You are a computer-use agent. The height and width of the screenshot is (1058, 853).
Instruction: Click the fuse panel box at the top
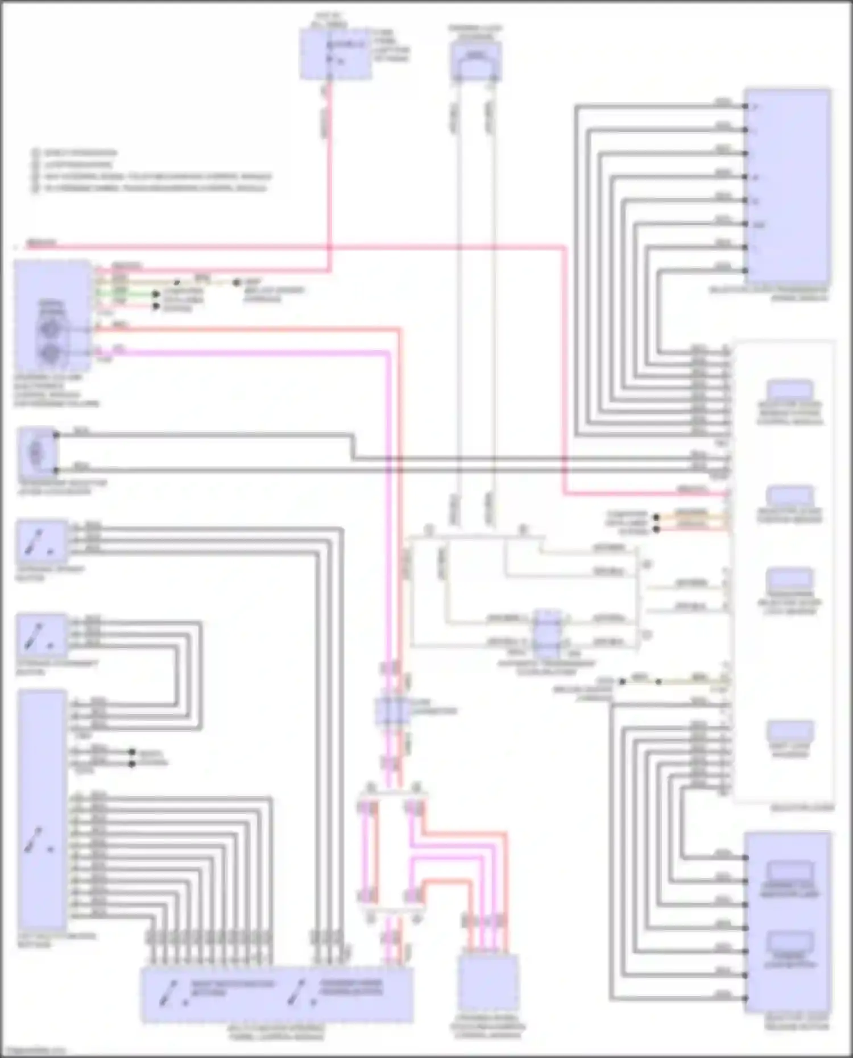point(336,54)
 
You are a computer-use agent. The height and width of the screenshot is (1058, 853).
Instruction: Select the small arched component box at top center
point(475,61)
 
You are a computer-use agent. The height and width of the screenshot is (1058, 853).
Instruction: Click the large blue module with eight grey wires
point(787,185)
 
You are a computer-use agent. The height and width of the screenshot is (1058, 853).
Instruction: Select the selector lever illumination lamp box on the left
point(37,451)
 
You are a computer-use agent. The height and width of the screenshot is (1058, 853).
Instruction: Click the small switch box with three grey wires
point(41,542)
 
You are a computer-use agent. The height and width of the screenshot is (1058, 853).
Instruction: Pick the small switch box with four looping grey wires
point(41,636)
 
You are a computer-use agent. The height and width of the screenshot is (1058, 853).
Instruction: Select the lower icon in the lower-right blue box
point(789,944)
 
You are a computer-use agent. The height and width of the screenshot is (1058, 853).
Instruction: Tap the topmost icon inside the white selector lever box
point(789,391)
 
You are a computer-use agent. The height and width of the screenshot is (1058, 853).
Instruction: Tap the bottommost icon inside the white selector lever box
point(789,731)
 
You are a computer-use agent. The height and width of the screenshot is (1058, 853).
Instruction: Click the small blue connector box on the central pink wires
point(391,711)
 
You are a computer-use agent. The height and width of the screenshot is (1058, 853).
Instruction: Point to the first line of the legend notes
point(80,153)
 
